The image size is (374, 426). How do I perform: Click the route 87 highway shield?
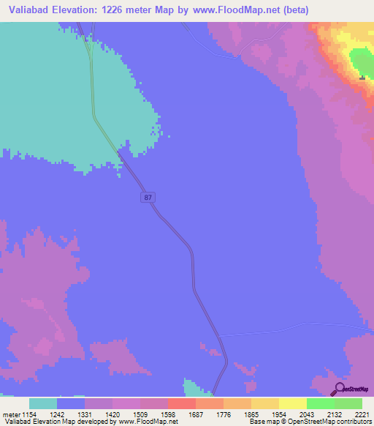[148, 198]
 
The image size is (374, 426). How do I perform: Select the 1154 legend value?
[29, 414]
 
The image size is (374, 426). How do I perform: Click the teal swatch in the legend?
[43, 403]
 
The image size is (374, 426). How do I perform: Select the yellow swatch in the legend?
[293, 403]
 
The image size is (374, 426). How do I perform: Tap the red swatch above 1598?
[182, 403]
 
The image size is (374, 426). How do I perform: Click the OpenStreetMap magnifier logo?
[337, 388]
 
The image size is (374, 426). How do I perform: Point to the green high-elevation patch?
[360, 61]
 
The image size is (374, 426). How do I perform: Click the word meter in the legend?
[10, 414]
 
